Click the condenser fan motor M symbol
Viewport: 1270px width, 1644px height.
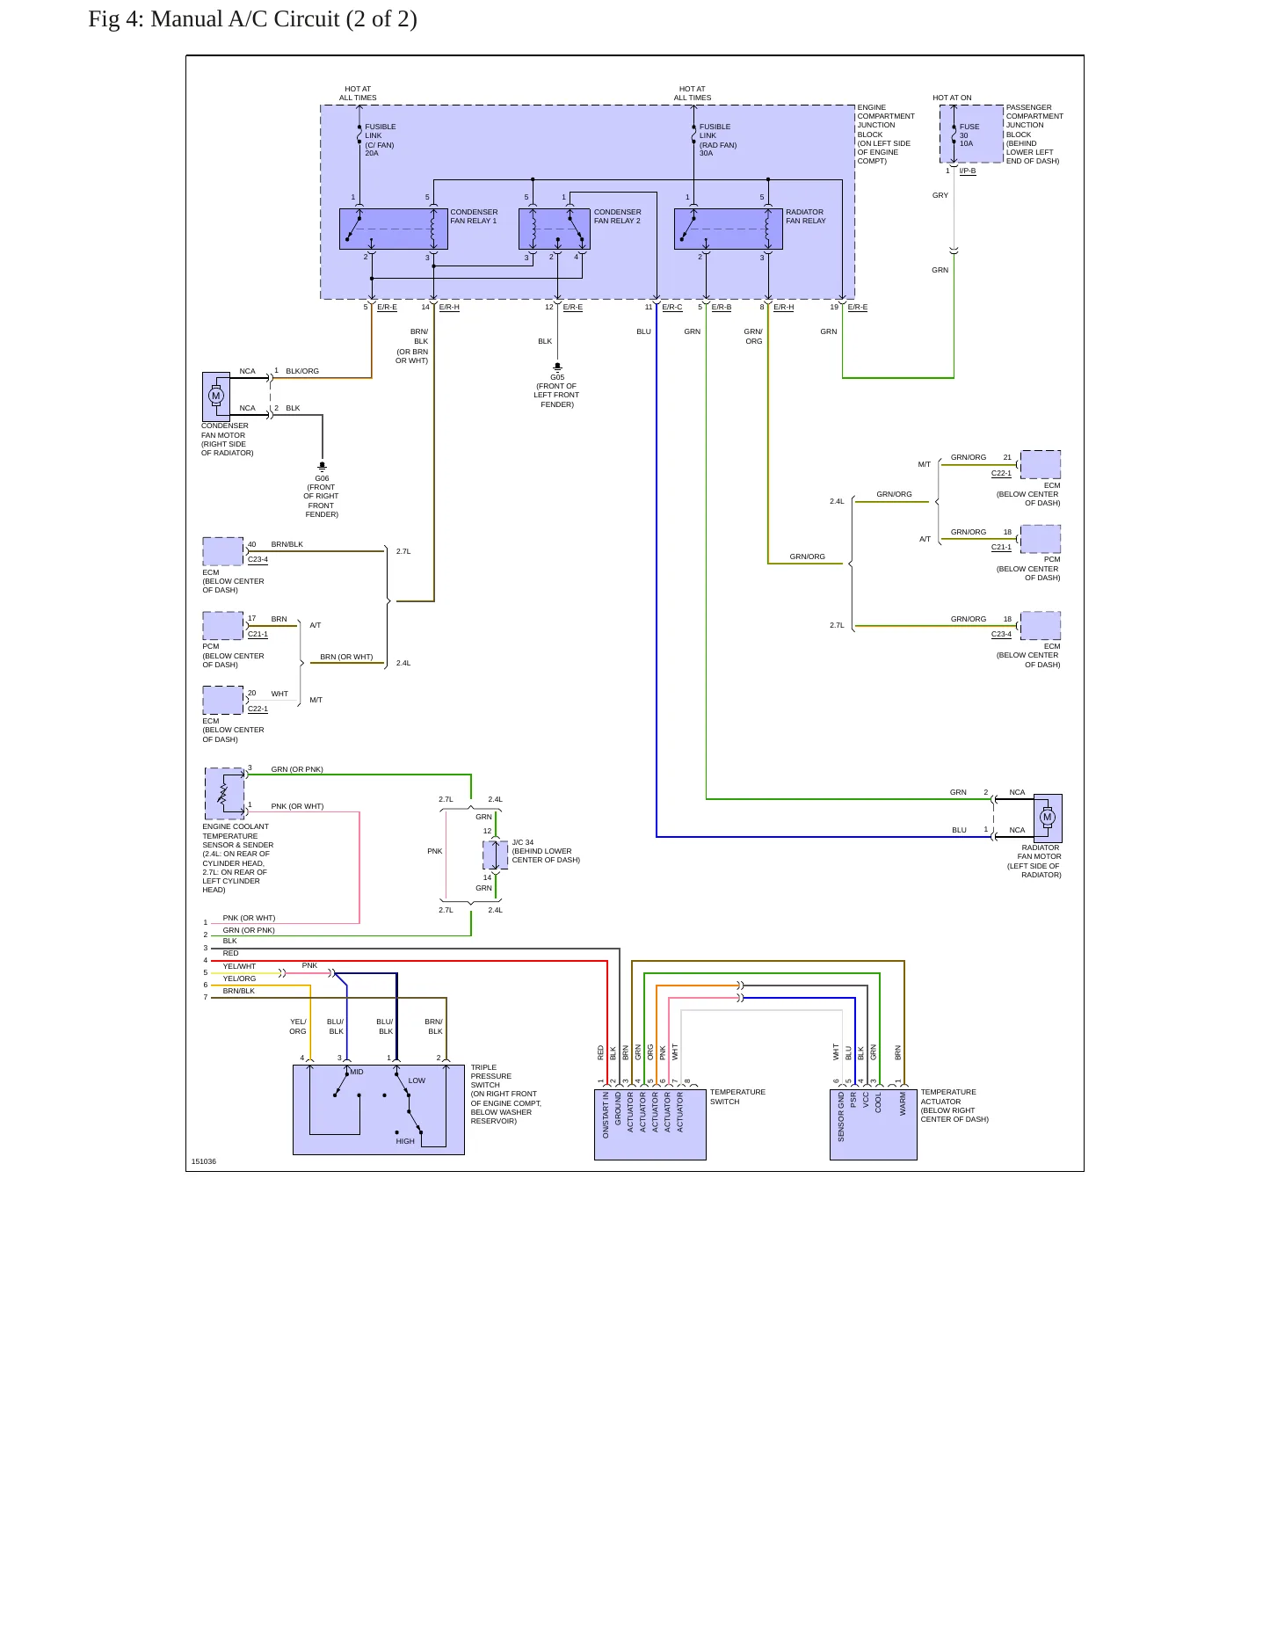point(216,396)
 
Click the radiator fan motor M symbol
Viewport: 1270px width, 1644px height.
point(1047,817)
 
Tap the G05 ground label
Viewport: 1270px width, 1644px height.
point(557,377)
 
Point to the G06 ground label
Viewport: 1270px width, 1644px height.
point(322,478)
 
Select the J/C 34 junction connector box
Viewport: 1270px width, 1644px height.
point(495,855)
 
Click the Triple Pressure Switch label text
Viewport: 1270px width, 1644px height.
point(490,1076)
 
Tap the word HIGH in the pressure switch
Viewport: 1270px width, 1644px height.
point(405,1141)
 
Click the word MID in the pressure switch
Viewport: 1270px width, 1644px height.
point(357,1072)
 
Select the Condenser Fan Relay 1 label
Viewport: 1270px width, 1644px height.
point(474,216)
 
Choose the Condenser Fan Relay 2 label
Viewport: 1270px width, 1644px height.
point(617,216)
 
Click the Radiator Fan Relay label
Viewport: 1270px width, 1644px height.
point(806,216)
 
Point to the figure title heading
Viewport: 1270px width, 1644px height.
point(253,18)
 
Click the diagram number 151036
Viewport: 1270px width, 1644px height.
point(204,1161)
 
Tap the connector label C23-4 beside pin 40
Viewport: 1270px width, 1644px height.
point(258,559)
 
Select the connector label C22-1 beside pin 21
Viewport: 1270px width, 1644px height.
point(1001,473)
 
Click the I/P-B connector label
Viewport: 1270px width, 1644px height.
point(968,171)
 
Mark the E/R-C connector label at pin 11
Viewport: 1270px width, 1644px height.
point(672,307)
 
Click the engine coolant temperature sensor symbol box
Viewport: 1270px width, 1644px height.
point(224,794)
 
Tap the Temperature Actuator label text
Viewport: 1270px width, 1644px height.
point(948,1096)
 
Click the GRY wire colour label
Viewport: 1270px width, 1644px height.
point(940,195)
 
